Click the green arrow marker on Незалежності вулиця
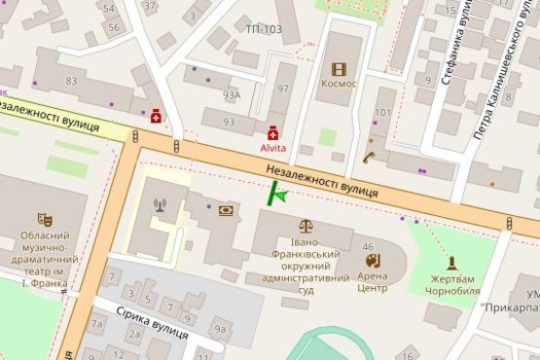click(x=277, y=195)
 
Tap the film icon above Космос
click(x=338, y=68)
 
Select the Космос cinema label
click(x=338, y=84)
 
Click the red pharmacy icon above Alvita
click(x=273, y=131)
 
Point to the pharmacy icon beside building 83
click(x=156, y=115)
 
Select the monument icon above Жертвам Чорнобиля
click(x=452, y=263)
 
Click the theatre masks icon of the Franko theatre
click(x=43, y=220)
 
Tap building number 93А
click(x=231, y=95)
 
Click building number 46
click(x=368, y=248)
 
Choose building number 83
click(x=71, y=80)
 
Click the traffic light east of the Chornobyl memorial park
click(x=511, y=224)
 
